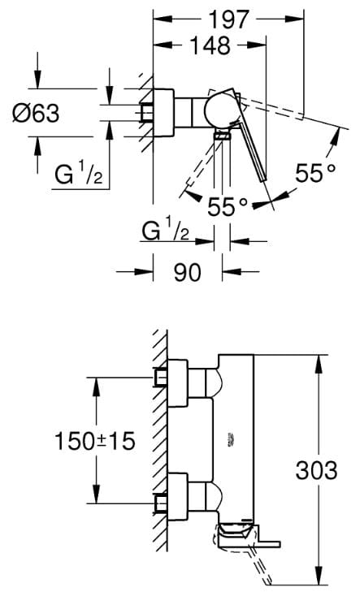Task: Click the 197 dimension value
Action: [229, 19]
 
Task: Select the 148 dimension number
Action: [210, 45]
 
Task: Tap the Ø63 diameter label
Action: [36, 113]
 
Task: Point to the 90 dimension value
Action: [188, 272]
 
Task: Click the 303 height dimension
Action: [316, 470]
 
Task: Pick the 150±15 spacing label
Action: [95, 441]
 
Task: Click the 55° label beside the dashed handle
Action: [316, 173]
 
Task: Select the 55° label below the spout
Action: [228, 207]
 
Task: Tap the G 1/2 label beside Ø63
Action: [79, 175]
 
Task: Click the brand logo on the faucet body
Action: [231, 438]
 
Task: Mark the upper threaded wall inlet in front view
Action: [161, 378]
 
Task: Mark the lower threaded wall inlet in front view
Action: [161, 504]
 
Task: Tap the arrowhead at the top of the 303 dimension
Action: [319, 364]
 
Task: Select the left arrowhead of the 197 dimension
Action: [163, 19]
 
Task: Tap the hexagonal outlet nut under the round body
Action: [222, 135]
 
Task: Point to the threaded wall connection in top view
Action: [146, 113]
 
